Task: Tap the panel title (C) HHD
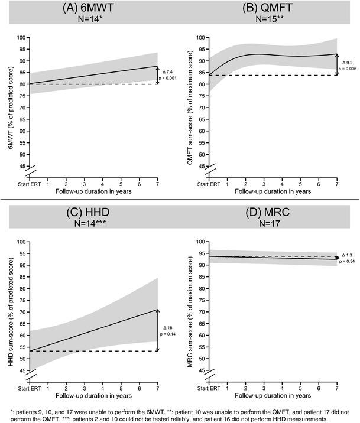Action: coord(90,213)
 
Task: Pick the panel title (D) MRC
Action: coord(271,213)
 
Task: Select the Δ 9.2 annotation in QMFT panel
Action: coord(347,62)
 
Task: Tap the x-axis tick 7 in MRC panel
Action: coord(336,388)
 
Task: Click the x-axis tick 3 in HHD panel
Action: coord(85,388)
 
